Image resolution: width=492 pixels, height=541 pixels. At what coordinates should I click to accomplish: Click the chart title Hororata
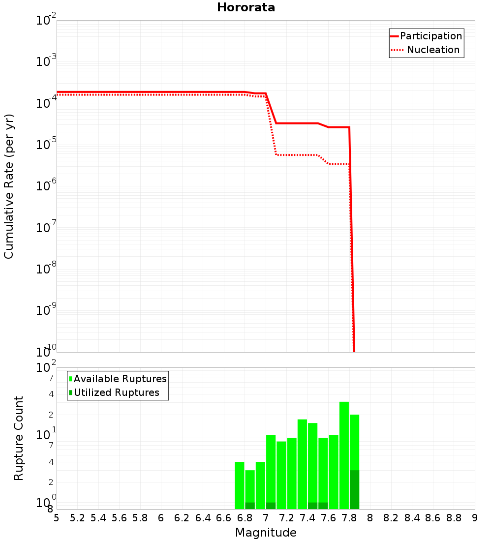246,7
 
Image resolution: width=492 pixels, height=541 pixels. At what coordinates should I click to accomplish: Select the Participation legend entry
431,36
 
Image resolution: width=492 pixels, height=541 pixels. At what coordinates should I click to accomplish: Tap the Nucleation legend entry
433,50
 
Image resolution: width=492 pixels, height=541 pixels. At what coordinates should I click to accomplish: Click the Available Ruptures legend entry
120,379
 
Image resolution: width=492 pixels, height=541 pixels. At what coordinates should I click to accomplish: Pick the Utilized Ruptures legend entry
116,392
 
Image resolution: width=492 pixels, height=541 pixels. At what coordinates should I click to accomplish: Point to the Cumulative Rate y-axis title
9,186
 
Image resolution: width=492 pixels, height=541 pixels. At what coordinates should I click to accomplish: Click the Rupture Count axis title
19,438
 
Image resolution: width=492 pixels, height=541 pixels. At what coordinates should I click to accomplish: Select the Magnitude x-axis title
266,533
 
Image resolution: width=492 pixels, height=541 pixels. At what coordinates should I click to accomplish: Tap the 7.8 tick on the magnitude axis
350,518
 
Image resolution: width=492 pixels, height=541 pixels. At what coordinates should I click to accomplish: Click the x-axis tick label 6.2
182,518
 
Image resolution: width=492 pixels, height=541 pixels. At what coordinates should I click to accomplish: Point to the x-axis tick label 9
475,518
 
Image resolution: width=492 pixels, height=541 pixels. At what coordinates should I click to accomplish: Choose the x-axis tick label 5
57,518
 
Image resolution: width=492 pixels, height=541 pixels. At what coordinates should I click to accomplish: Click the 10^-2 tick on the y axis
46,21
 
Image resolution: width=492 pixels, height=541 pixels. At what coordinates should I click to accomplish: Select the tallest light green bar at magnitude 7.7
344,455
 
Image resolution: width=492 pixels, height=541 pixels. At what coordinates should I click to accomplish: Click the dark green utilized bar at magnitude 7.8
354,489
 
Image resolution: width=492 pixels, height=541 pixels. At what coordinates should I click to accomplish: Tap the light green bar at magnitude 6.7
240,485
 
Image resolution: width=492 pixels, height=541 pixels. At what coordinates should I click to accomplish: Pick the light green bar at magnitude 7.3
302,464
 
